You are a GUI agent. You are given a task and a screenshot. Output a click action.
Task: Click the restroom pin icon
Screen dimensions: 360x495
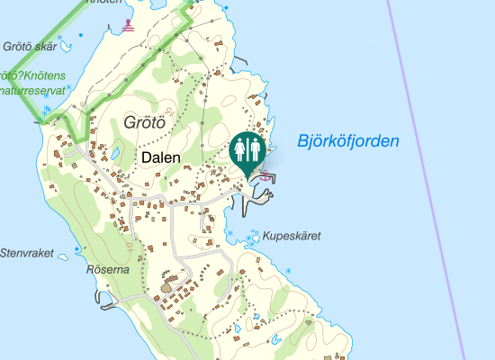247,151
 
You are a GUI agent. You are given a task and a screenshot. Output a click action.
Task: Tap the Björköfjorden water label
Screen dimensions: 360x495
346,141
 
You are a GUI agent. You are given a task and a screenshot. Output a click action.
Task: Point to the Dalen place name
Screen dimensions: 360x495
161,157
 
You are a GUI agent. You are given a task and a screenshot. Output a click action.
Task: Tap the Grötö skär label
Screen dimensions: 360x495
30,46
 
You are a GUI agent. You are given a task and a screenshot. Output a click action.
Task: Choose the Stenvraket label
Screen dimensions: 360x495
27,253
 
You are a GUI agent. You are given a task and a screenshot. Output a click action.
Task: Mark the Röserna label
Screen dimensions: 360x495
108,269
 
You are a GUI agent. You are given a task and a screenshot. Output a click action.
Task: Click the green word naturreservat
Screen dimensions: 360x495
34,90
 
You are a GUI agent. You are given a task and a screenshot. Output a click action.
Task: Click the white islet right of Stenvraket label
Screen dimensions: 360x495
64,257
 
